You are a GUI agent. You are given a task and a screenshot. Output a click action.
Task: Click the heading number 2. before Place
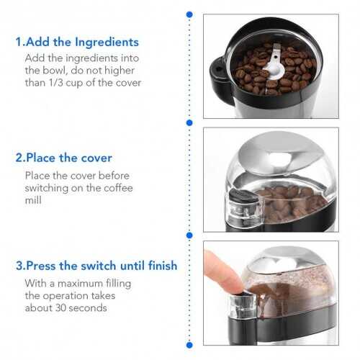tap(20, 158)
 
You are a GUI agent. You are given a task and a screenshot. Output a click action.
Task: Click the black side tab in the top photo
tap(217, 71)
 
